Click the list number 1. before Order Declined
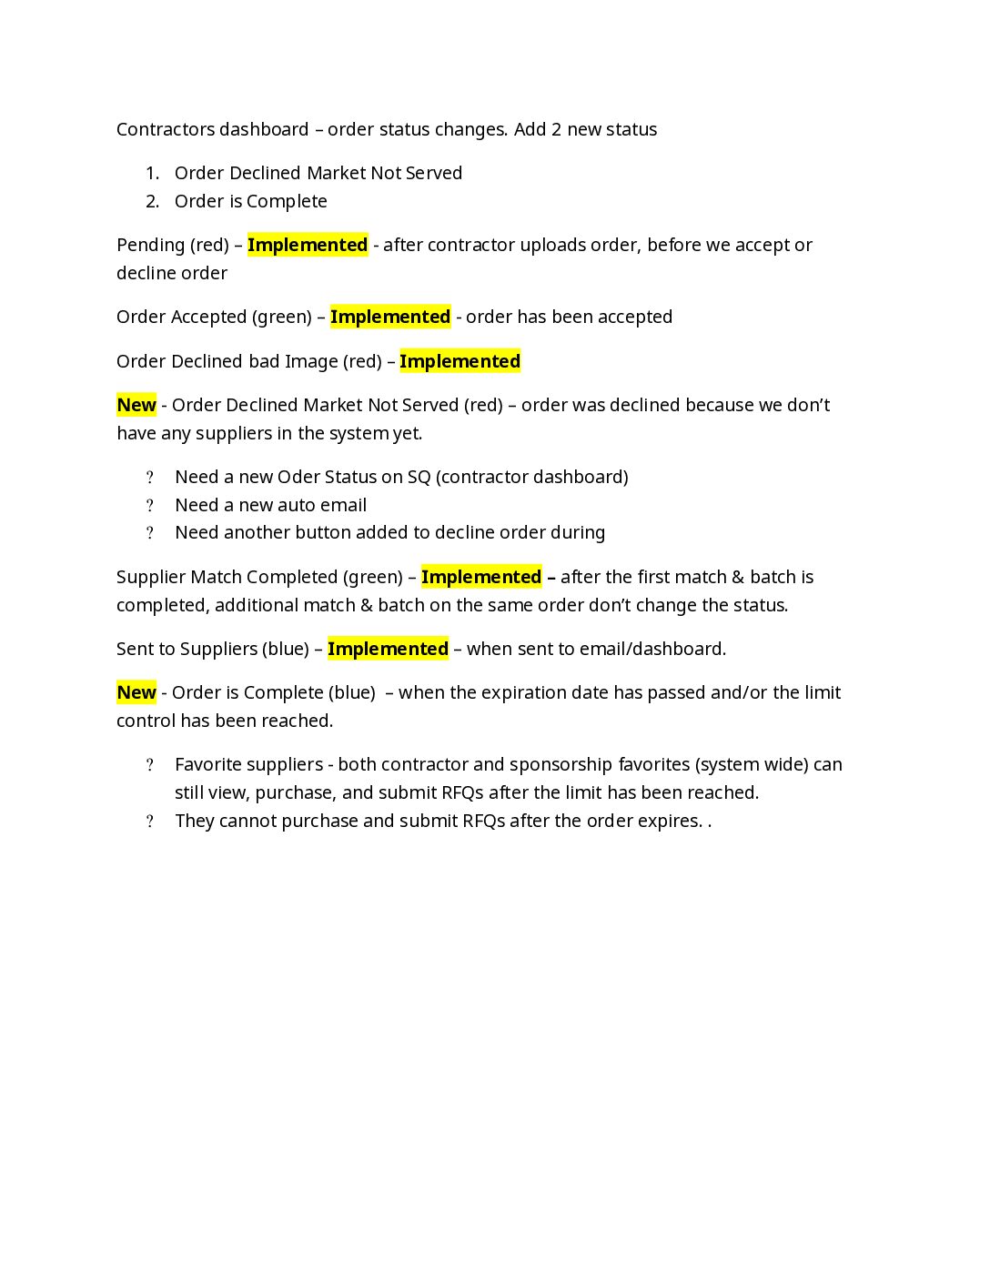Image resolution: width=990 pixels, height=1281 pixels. tap(152, 173)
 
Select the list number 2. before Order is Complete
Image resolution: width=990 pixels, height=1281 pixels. tap(152, 201)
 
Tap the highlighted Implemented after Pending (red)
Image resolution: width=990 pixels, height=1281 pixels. tap(308, 245)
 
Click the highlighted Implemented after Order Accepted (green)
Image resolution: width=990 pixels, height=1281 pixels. tap(390, 317)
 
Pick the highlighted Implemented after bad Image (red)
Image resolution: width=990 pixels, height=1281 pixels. tap(460, 361)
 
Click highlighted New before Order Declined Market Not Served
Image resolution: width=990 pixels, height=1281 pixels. tap(136, 405)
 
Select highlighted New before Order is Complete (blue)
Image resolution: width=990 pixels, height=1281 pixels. tap(136, 692)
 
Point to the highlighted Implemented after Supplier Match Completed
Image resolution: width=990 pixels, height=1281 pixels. tap(481, 577)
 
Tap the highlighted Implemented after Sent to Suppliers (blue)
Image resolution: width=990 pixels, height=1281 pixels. tap(388, 649)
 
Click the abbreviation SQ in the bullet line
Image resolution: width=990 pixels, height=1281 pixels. tap(419, 477)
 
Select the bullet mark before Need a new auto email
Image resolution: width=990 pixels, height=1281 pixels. tap(150, 506)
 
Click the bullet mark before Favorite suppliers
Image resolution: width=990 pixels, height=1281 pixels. tap(150, 765)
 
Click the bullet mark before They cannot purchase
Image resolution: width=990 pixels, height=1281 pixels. tap(150, 822)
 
